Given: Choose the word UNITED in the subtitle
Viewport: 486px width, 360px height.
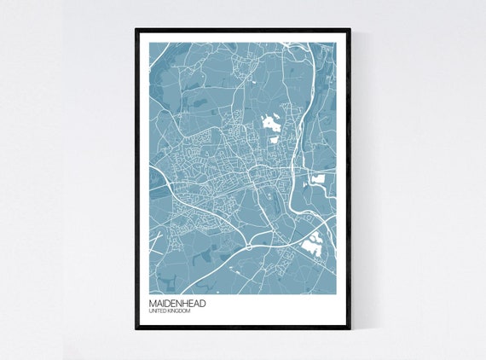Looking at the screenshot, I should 157,311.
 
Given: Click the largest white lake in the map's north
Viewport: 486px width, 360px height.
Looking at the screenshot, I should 272,122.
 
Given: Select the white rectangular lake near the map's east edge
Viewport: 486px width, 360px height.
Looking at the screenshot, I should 319,179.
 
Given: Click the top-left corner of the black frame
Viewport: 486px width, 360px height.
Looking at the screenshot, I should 136,31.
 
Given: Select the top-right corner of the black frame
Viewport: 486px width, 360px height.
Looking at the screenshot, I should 350,31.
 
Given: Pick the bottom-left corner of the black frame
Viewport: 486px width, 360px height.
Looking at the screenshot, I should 136,328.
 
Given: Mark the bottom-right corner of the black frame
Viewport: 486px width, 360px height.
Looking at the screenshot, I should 350,328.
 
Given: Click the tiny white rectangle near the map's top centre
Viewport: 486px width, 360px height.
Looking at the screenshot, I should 254,82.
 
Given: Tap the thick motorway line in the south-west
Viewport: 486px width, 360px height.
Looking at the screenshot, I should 205,213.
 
